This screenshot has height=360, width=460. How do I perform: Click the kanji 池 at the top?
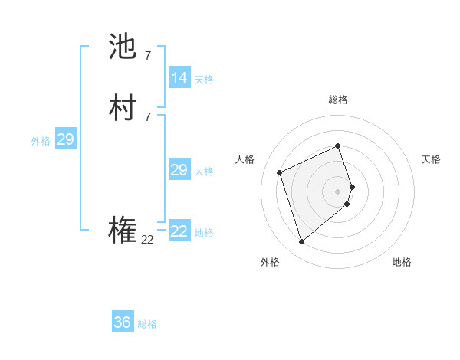tap(123, 47)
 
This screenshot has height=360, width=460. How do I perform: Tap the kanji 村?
tap(123, 109)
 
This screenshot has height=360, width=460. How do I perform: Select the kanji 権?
tap(123, 231)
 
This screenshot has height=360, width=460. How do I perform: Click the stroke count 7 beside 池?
tap(148, 55)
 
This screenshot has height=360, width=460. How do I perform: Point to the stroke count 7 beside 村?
tap(148, 116)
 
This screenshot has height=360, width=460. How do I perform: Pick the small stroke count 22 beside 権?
tap(148, 240)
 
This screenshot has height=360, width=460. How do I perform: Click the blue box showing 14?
tap(179, 78)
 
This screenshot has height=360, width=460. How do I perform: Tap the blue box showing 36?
tap(123, 322)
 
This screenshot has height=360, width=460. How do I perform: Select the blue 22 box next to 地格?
tap(179, 231)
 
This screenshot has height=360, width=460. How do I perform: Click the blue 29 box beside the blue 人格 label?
tap(179, 170)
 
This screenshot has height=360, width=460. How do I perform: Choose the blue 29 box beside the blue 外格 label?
tap(65, 139)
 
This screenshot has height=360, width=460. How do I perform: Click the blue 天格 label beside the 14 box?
tap(204, 80)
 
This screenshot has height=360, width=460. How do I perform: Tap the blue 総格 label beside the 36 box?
tap(147, 324)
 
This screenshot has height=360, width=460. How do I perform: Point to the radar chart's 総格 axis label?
tap(338, 100)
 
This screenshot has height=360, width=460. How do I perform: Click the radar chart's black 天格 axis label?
tap(431, 159)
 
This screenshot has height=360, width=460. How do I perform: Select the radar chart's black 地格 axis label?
tap(402, 262)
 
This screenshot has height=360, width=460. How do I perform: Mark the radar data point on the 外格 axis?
tap(302, 242)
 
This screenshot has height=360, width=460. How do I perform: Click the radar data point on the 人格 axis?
tap(280, 172)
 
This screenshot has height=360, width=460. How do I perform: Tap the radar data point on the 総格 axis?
tap(338, 146)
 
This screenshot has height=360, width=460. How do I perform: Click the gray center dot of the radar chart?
tap(338, 191)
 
